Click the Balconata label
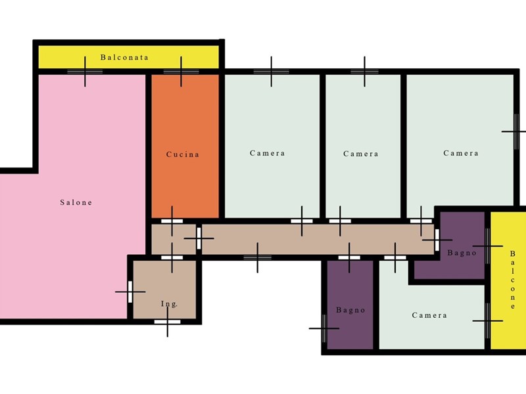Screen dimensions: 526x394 (x=124, y=57)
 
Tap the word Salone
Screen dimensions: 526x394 (x=76, y=202)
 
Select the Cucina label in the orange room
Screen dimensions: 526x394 (x=183, y=154)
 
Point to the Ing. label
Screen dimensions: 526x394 (x=169, y=304)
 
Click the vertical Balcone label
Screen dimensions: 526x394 (x=512, y=280)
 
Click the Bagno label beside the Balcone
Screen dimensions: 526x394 (x=462, y=253)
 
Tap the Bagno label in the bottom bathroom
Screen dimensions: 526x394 (x=350, y=310)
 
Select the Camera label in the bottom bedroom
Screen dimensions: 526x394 (x=429, y=315)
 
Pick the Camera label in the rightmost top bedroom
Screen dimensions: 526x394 (x=461, y=153)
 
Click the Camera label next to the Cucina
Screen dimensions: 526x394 (x=268, y=153)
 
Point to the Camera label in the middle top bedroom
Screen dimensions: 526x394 (x=361, y=154)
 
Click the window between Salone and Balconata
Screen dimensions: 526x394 (x=85, y=72)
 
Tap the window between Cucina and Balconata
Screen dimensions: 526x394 (x=181, y=72)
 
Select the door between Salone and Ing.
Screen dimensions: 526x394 (x=130, y=292)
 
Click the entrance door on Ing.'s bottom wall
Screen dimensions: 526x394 (x=168, y=322)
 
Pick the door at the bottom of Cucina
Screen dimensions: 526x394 (x=172, y=221)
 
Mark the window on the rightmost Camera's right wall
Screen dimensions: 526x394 (x=516, y=132)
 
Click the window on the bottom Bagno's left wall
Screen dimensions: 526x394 (x=323, y=328)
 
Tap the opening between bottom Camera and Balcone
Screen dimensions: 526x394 (x=487, y=320)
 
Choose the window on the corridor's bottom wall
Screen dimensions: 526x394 (x=258, y=257)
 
